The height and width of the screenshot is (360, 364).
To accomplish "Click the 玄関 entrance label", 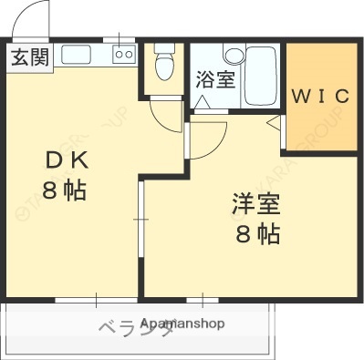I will [x=29, y=57].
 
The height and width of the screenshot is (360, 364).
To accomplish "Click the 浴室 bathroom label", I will [x=215, y=79].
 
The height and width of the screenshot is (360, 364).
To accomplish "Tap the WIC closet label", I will [x=319, y=96].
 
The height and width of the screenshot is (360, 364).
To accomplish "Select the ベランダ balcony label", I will [x=123, y=328].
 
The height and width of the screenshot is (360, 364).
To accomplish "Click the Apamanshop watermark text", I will [x=182, y=324].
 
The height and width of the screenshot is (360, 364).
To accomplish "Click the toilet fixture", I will [x=164, y=64].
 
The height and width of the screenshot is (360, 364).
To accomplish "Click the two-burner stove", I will [x=123, y=55].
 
